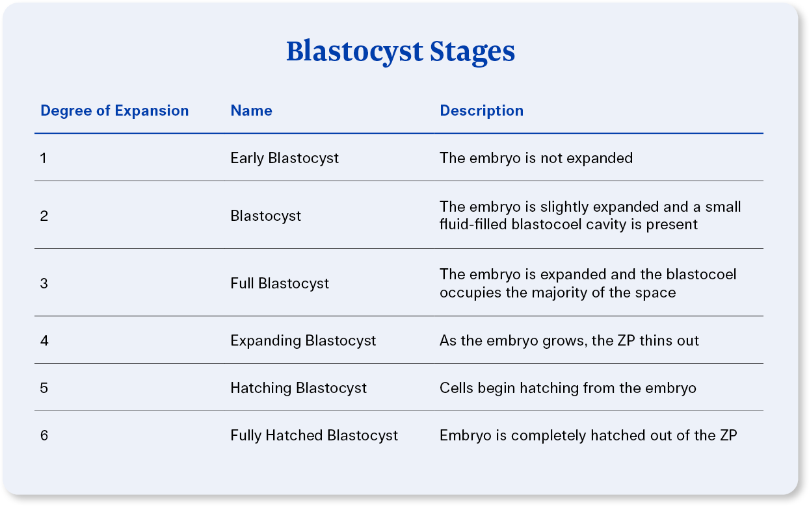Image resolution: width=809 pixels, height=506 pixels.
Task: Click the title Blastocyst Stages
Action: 401,51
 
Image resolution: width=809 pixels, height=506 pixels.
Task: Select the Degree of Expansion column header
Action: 114,110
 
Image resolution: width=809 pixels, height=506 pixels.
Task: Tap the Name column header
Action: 251,110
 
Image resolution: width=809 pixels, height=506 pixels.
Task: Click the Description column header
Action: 481,110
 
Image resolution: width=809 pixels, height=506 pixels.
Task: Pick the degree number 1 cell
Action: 44,158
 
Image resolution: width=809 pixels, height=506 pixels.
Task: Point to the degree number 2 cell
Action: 44,216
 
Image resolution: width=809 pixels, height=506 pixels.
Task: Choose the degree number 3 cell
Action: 44,283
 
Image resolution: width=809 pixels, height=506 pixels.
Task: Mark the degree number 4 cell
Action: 44,340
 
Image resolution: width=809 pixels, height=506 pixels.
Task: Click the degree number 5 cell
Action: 44,388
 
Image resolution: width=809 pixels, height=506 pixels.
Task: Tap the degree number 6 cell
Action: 44,435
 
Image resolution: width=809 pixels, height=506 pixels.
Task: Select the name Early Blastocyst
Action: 284,158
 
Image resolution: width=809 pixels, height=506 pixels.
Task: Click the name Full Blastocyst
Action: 280,283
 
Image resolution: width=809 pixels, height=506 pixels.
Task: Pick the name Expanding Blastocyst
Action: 303,340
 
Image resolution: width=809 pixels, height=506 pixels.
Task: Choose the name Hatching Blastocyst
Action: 298,388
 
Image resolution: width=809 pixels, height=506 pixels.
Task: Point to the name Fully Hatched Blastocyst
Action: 314,435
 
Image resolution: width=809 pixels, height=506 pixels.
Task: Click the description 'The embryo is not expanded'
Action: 536,158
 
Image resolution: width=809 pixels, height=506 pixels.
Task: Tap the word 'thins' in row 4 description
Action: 657,340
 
